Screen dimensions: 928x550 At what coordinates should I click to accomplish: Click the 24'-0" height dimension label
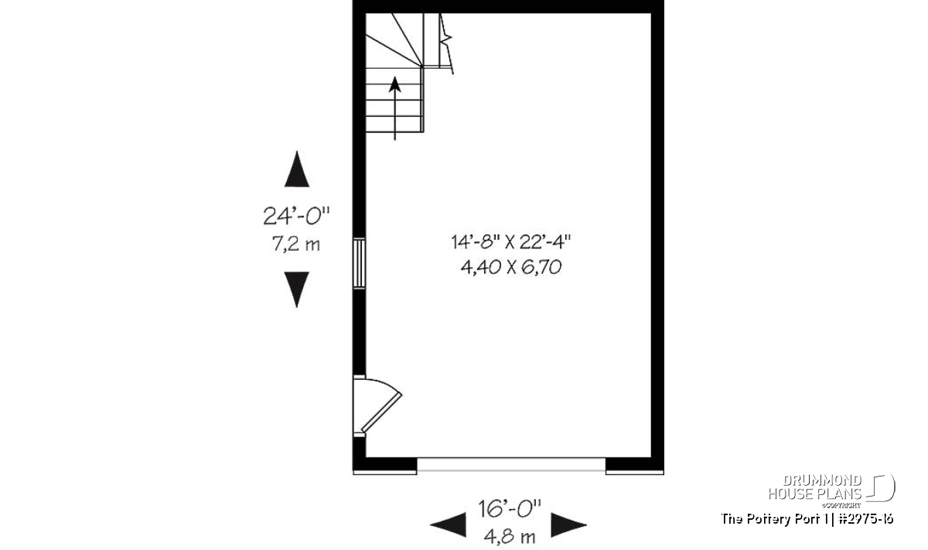(296, 216)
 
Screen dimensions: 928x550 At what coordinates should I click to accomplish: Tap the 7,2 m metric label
(295, 244)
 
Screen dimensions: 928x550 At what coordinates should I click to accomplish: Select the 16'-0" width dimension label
(510, 508)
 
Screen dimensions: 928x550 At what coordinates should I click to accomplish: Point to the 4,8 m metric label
(510, 537)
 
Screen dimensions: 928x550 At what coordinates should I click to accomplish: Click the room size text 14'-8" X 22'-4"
(511, 242)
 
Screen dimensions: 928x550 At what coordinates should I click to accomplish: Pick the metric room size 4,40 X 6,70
(511, 268)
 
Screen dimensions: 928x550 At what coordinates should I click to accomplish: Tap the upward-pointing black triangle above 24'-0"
(297, 169)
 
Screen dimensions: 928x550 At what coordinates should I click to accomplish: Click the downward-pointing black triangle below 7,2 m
(297, 289)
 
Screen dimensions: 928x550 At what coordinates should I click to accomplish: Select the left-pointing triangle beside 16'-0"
(449, 524)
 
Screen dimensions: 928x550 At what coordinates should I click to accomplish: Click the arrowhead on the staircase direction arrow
(395, 84)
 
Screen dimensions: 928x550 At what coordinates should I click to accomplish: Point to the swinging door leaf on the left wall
(381, 412)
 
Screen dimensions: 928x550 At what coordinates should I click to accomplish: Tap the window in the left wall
(359, 263)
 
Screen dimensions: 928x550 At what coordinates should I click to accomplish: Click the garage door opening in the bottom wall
(511, 465)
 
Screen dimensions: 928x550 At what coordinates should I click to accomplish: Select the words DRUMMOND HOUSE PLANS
(815, 487)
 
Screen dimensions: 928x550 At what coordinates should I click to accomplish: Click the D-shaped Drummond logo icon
(880, 487)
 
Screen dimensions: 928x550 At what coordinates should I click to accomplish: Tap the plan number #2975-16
(866, 519)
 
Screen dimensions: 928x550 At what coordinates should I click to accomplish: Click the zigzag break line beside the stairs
(446, 43)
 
